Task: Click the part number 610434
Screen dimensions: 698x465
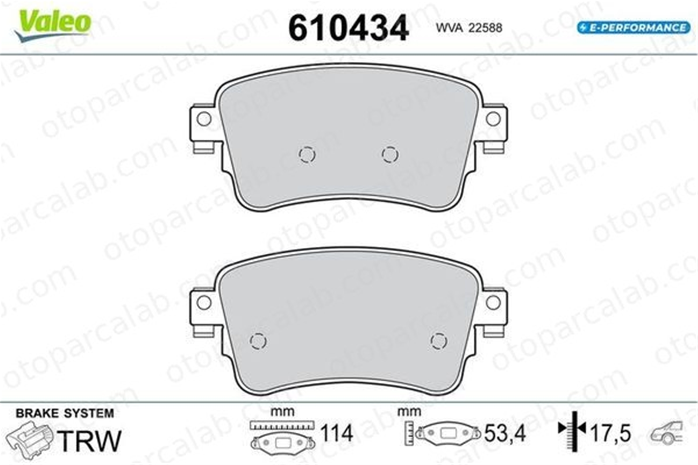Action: coord(349,28)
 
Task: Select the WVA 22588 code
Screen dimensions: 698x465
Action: coord(469,28)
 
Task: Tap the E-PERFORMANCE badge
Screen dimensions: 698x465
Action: coord(633,28)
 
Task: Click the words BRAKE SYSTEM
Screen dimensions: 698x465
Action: coord(65,413)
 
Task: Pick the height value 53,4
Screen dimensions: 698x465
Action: coord(505,434)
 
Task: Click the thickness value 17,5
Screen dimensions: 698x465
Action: coord(610,434)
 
